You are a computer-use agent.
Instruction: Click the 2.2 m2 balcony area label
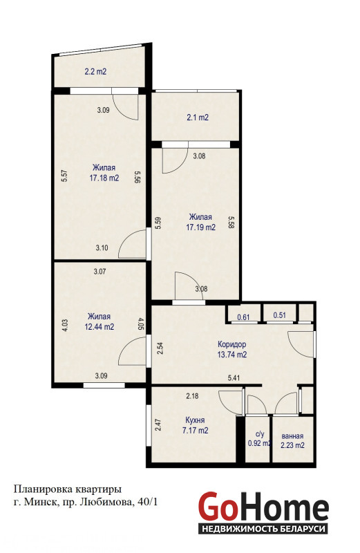coord(95,72)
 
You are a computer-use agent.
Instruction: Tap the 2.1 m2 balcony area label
coord(198,118)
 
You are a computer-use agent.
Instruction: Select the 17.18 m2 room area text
coord(104,178)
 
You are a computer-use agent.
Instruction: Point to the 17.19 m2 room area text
coord(200,227)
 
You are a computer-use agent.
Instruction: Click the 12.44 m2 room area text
coord(100,327)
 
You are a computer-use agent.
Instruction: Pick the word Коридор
coord(231,344)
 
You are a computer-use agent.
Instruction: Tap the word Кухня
coord(195,420)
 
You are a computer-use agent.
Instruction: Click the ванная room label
coord(293,436)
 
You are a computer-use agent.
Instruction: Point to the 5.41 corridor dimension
coord(234,378)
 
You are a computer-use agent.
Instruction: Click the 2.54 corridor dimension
coord(160,348)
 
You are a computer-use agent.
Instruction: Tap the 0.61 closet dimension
coord(243,317)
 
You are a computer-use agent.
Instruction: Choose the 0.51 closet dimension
coord(280,315)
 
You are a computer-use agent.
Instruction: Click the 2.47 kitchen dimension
coord(158,424)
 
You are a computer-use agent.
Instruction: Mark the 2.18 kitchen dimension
coord(192,396)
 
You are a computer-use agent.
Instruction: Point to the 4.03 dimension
coord(65,325)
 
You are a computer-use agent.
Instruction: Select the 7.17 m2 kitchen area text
coord(196,431)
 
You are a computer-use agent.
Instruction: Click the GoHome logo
coord(263,512)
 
